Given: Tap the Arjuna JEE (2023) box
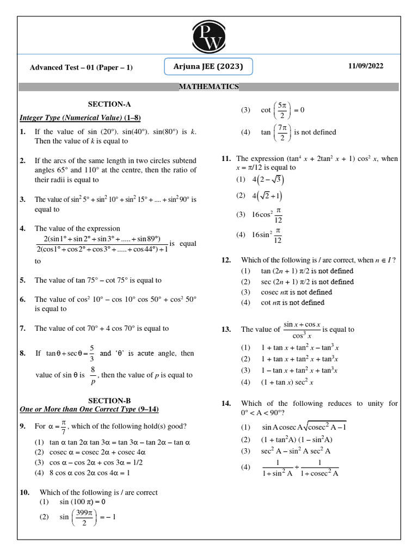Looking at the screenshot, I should (208, 66).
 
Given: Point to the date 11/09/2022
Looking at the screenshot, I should (366, 66).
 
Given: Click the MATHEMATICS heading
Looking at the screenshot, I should (209, 86).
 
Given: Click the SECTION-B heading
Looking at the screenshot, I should (109, 400).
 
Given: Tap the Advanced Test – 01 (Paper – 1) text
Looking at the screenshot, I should (81, 67).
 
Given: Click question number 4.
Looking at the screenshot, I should (23, 228).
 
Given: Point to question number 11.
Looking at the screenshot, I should (226, 159).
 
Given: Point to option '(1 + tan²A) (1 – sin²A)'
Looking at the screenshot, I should (296, 440).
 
